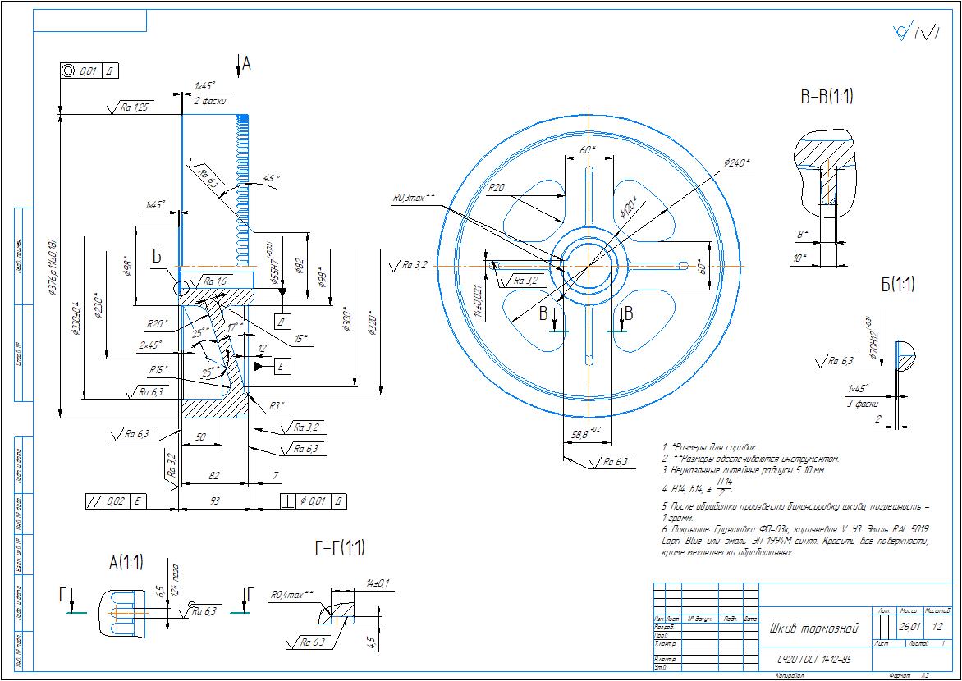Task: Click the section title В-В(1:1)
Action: (827, 97)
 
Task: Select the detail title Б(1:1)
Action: (897, 285)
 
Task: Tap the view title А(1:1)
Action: (126, 563)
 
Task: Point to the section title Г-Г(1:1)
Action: (340, 548)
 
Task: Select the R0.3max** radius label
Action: (414, 198)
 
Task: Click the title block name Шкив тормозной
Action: (813, 629)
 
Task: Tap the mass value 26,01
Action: (909, 627)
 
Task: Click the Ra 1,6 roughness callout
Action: (215, 281)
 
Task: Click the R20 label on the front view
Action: (496, 188)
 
